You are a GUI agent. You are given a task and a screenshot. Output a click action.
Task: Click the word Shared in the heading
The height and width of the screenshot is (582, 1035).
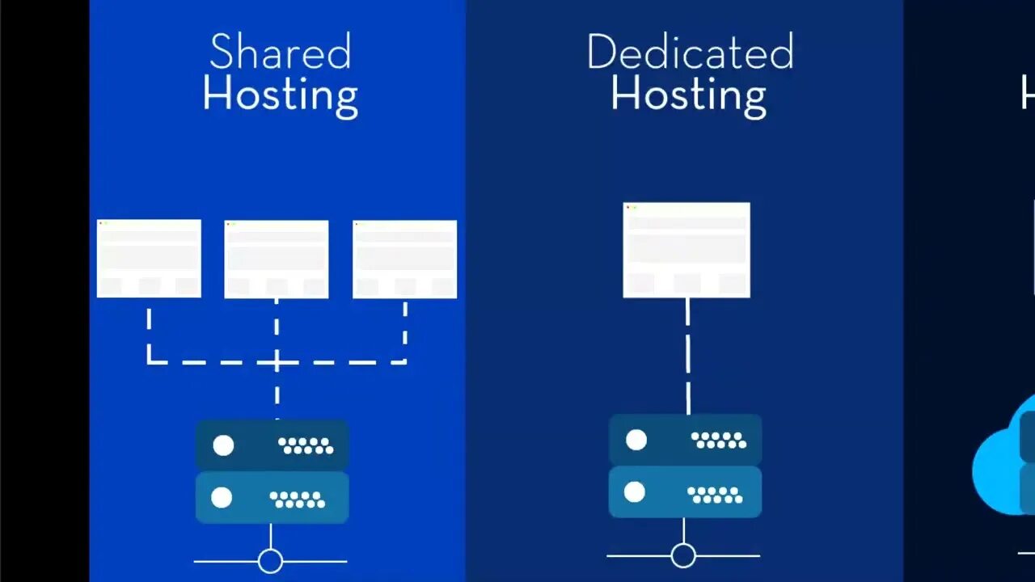pyautogui.click(x=280, y=53)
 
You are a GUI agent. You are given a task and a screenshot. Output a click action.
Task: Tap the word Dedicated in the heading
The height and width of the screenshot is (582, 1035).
pyautogui.click(x=690, y=53)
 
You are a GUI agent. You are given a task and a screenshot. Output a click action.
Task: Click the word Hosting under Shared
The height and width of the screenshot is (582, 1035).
pyautogui.click(x=280, y=95)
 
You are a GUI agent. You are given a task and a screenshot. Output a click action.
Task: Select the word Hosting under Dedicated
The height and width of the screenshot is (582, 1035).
pyautogui.click(x=688, y=95)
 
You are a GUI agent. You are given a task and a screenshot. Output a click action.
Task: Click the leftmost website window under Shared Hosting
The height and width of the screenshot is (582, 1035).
pyautogui.click(x=149, y=258)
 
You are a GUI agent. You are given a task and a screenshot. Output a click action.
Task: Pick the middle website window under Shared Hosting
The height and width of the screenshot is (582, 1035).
pyautogui.click(x=277, y=259)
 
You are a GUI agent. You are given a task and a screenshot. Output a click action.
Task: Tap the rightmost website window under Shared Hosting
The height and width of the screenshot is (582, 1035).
pyautogui.click(x=404, y=259)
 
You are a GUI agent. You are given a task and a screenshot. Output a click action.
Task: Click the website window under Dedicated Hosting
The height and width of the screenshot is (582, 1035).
pyautogui.click(x=686, y=250)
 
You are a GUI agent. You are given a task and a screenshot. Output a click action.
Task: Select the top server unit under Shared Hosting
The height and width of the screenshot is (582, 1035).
pyautogui.click(x=272, y=445)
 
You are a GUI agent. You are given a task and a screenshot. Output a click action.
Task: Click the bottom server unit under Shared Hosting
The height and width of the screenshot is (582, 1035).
pyautogui.click(x=272, y=497)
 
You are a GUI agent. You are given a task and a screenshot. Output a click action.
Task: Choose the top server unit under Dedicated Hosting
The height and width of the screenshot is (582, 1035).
pyautogui.click(x=685, y=439)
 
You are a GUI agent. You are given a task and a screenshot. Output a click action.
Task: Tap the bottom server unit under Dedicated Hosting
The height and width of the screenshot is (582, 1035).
pyautogui.click(x=685, y=491)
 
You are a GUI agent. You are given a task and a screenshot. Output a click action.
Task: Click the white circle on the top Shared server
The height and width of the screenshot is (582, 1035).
pyautogui.click(x=223, y=445)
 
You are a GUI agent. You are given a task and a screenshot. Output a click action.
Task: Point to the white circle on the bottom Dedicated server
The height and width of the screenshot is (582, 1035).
pyautogui.click(x=635, y=492)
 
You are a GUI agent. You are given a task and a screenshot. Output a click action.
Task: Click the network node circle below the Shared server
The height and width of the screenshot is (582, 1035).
pyautogui.click(x=270, y=560)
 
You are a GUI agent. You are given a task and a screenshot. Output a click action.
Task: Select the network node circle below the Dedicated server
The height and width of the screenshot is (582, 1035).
pyautogui.click(x=683, y=555)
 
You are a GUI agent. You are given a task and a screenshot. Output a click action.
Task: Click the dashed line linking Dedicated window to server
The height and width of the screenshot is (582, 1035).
pyautogui.click(x=687, y=356)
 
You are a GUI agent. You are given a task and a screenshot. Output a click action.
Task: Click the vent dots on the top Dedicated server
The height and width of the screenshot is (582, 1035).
pyautogui.click(x=718, y=440)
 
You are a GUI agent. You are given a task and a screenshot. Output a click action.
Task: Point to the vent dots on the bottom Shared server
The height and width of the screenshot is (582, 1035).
pyautogui.click(x=297, y=500)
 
